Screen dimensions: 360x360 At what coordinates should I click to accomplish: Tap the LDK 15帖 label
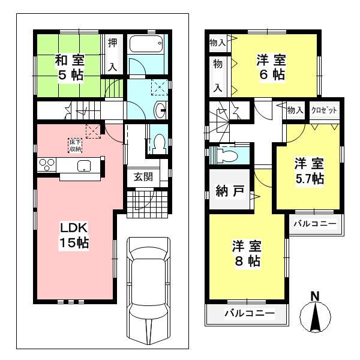tap(74, 235)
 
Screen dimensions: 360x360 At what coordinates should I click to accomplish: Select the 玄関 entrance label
tap(143, 176)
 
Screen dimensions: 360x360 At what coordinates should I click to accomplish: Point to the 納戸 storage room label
tap(230, 192)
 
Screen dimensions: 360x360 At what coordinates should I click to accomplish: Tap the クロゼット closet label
tap(325, 110)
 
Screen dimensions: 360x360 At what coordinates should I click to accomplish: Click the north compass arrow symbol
tap(316, 315)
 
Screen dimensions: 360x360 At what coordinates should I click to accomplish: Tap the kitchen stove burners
tap(47, 164)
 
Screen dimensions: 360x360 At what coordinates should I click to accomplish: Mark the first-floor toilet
tap(158, 143)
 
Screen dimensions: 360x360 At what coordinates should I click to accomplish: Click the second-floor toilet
tap(227, 155)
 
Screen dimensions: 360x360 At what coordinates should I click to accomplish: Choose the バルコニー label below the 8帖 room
tap(249, 313)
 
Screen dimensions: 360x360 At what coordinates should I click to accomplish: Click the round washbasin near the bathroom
tap(161, 110)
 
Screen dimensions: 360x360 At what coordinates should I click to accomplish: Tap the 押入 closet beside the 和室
tap(112, 54)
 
